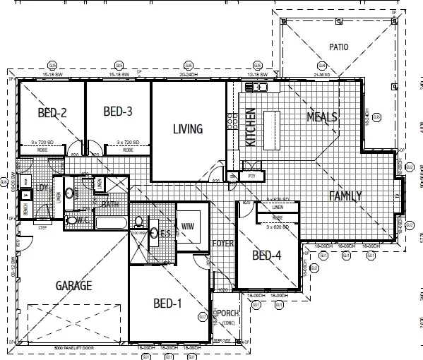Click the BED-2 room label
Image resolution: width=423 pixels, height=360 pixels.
tap(52, 112)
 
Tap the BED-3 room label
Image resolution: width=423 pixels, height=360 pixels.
tap(118, 112)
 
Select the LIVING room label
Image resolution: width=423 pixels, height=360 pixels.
tap(188, 129)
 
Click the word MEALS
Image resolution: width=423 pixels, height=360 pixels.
tap(322, 116)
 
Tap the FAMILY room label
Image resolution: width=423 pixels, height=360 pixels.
tap(345, 196)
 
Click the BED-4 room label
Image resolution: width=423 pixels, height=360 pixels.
tap(266, 256)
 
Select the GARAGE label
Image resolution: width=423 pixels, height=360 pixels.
tap(74, 286)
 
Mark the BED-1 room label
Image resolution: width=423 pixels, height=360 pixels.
tap(168, 304)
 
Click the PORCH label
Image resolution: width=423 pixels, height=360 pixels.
tap(227, 314)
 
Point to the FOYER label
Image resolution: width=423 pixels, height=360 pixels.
tap(222, 244)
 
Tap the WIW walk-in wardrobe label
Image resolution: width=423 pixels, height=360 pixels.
tap(188, 227)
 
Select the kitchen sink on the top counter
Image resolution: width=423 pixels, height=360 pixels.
tap(254, 87)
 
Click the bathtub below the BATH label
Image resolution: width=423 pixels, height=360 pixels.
tap(109, 223)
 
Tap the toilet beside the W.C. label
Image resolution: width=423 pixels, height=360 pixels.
tap(71, 221)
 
